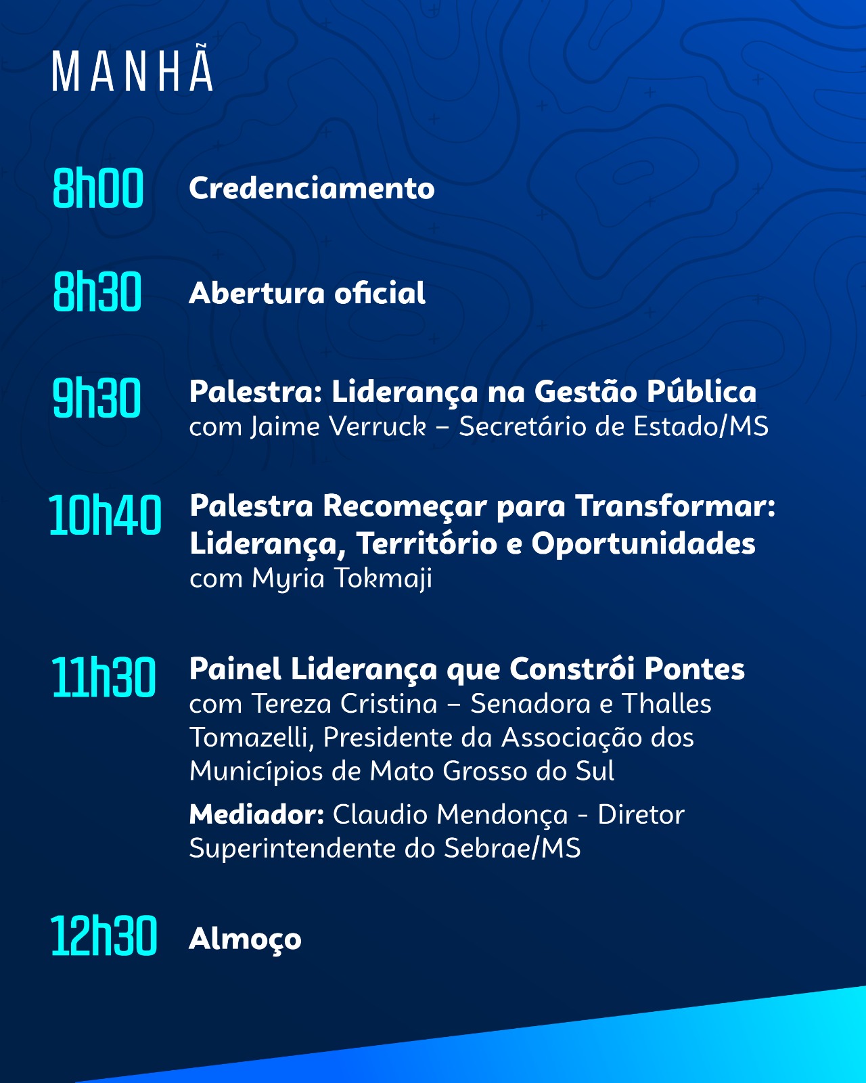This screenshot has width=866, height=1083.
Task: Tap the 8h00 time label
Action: click(98, 188)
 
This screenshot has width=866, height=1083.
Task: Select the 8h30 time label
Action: click(97, 292)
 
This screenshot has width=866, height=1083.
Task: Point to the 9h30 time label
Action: click(97, 397)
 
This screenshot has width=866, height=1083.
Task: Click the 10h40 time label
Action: click(105, 514)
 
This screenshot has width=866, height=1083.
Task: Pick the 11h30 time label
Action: click(104, 678)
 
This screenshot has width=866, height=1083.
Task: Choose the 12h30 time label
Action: click(104, 935)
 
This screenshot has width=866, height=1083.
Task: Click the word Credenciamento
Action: click(312, 188)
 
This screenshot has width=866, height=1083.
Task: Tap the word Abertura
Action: click(256, 293)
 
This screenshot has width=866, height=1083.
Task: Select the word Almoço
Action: click(245, 940)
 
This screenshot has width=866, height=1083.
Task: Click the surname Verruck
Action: click(378, 426)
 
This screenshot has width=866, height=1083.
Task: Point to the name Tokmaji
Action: click(384, 578)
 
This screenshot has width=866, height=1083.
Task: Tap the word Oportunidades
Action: click(643, 544)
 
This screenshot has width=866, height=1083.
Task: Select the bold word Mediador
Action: click(256, 814)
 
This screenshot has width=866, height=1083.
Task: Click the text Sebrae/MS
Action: click(512, 849)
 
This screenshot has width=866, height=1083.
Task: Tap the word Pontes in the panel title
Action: click(694, 669)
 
